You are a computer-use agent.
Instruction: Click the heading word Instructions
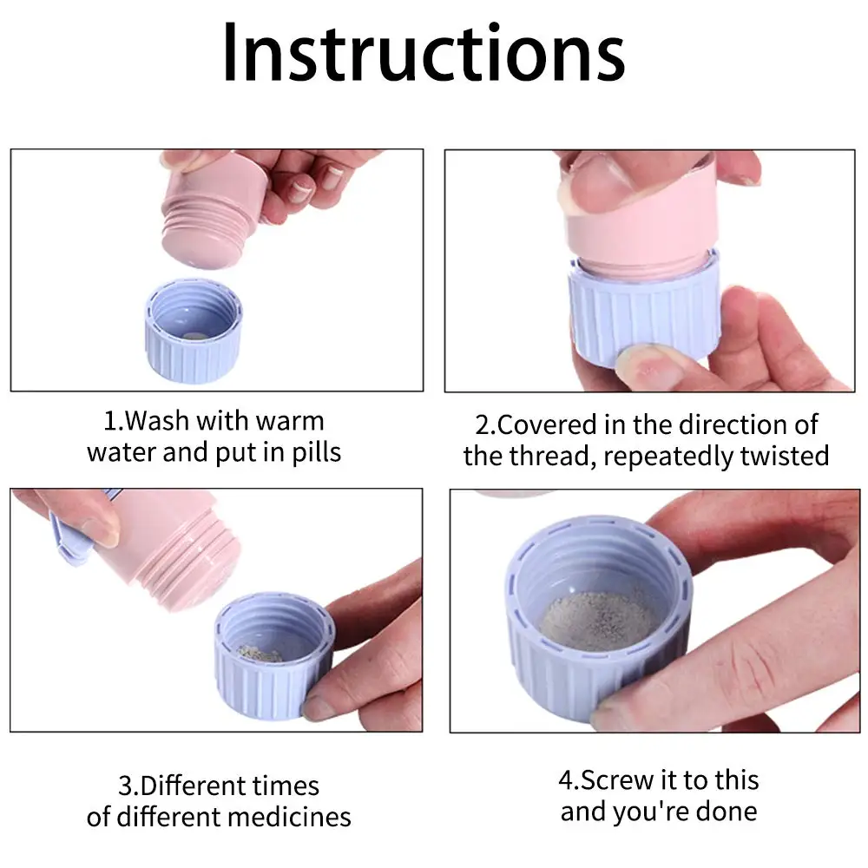pos(424,53)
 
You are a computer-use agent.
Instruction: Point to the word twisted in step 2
pos(785,457)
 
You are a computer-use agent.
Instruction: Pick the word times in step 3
pos(286,786)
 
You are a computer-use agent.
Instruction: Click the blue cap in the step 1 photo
pos(194,332)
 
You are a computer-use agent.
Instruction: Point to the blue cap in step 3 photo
pos(274,655)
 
